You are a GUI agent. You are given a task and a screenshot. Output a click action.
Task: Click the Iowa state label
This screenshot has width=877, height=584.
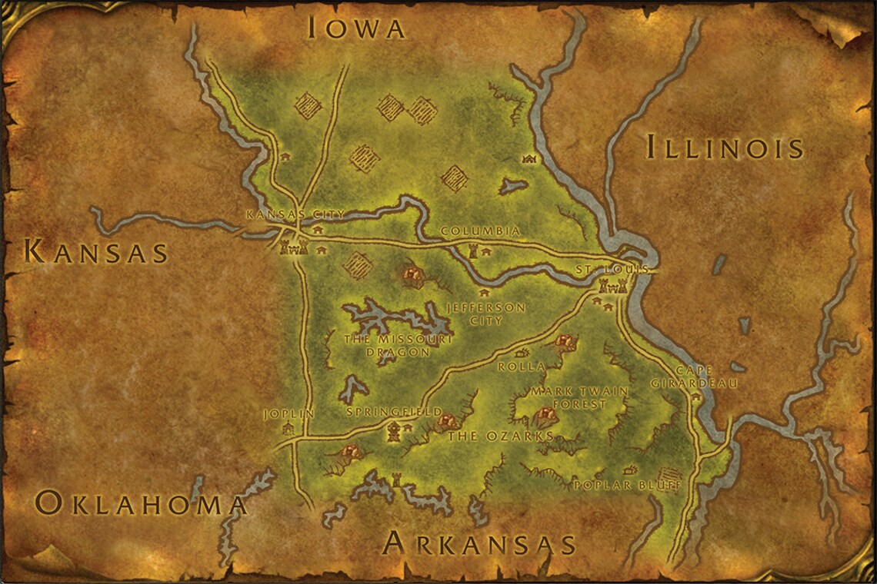coord(356,28)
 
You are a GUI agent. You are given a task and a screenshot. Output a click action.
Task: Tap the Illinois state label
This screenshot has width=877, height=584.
coord(725,146)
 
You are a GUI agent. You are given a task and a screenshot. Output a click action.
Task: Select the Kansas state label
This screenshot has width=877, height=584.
coord(97,252)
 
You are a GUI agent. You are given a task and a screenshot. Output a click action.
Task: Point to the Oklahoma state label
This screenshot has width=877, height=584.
coord(141,503)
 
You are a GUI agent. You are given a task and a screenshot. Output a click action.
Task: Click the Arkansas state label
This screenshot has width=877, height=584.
coord(479,543)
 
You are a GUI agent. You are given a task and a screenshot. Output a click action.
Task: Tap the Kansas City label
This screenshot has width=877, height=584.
coord(295,214)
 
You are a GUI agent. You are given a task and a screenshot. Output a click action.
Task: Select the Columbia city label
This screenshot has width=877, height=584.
coord(481,231)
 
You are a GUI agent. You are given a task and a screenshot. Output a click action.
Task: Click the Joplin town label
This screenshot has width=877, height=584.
coord(289,413)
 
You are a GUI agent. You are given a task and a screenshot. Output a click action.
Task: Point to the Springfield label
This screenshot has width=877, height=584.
coord(395,412)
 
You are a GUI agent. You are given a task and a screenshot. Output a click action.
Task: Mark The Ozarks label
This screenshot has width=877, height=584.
coord(501,436)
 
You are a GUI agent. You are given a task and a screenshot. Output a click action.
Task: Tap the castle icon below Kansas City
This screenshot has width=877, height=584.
coord(295,246)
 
